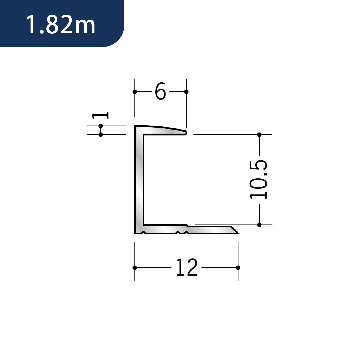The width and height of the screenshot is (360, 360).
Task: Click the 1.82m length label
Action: coord(61,25)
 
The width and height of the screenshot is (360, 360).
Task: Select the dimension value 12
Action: coord(187,267)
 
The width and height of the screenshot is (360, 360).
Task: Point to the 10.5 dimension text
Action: coord(259,180)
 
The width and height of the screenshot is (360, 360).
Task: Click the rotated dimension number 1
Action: coord(100,115)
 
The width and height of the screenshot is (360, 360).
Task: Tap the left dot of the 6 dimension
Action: coord(135,92)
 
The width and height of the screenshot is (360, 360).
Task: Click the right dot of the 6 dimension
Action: coord(186,92)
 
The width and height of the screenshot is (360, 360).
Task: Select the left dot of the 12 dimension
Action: coord(135,268)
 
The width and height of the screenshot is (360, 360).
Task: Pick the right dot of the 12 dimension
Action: coord(238,268)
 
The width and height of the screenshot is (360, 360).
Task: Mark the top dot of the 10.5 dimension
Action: coord(259,135)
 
